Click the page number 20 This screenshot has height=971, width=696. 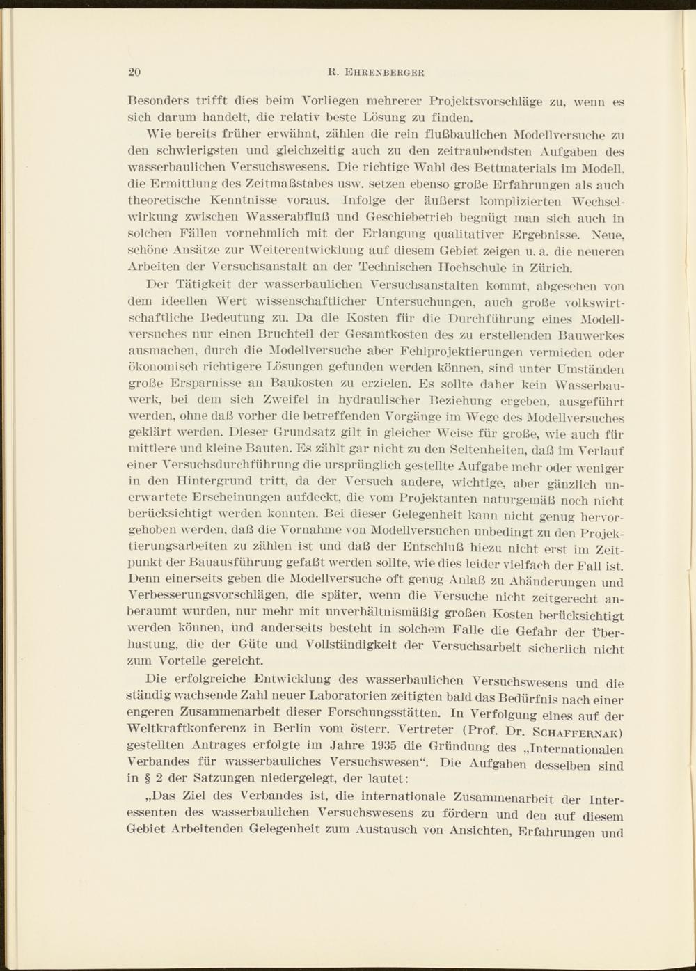pos(135,71)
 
